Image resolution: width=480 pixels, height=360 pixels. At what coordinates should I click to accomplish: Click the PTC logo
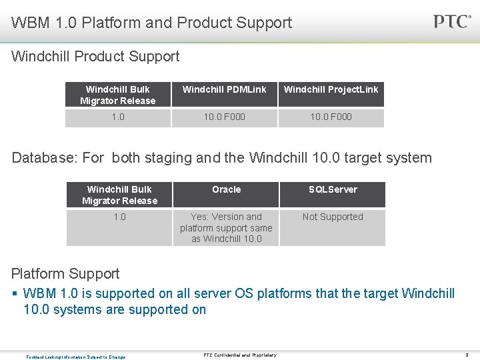(x=452, y=21)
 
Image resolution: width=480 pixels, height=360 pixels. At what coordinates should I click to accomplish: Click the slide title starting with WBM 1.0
(x=151, y=23)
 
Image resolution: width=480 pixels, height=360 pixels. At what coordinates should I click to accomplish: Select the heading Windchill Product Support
(x=95, y=57)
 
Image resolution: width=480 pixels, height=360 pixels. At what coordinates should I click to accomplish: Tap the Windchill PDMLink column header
(x=224, y=89)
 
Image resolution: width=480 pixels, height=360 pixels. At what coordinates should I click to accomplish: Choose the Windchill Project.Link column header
(x=331, y=89)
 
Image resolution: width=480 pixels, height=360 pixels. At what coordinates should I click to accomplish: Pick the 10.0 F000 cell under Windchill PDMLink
(x=224, y=117)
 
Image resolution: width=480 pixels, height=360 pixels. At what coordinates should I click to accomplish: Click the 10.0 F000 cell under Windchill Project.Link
(x=331, y=117)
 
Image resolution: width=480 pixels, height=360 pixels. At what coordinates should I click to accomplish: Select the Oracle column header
(x=226, y=189)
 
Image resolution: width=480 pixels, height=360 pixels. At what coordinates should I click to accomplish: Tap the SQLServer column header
(x=333, y=189)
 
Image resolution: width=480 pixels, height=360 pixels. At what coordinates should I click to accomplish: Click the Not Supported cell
(x=333, y=217)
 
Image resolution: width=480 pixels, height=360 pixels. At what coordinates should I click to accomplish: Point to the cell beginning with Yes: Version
(x=226, y=227)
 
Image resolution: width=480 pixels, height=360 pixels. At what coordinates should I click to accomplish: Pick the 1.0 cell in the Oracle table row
(x=119, y=217)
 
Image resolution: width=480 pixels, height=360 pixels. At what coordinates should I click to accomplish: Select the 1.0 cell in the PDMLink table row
(x=117, y=117)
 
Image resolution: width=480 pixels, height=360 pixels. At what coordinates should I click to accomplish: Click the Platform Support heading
(x=65, y=273)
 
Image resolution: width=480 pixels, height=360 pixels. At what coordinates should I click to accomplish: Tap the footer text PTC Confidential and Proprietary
(x=240, y=355)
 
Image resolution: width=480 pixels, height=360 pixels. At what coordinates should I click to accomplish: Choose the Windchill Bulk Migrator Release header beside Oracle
(x=119, y=195)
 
